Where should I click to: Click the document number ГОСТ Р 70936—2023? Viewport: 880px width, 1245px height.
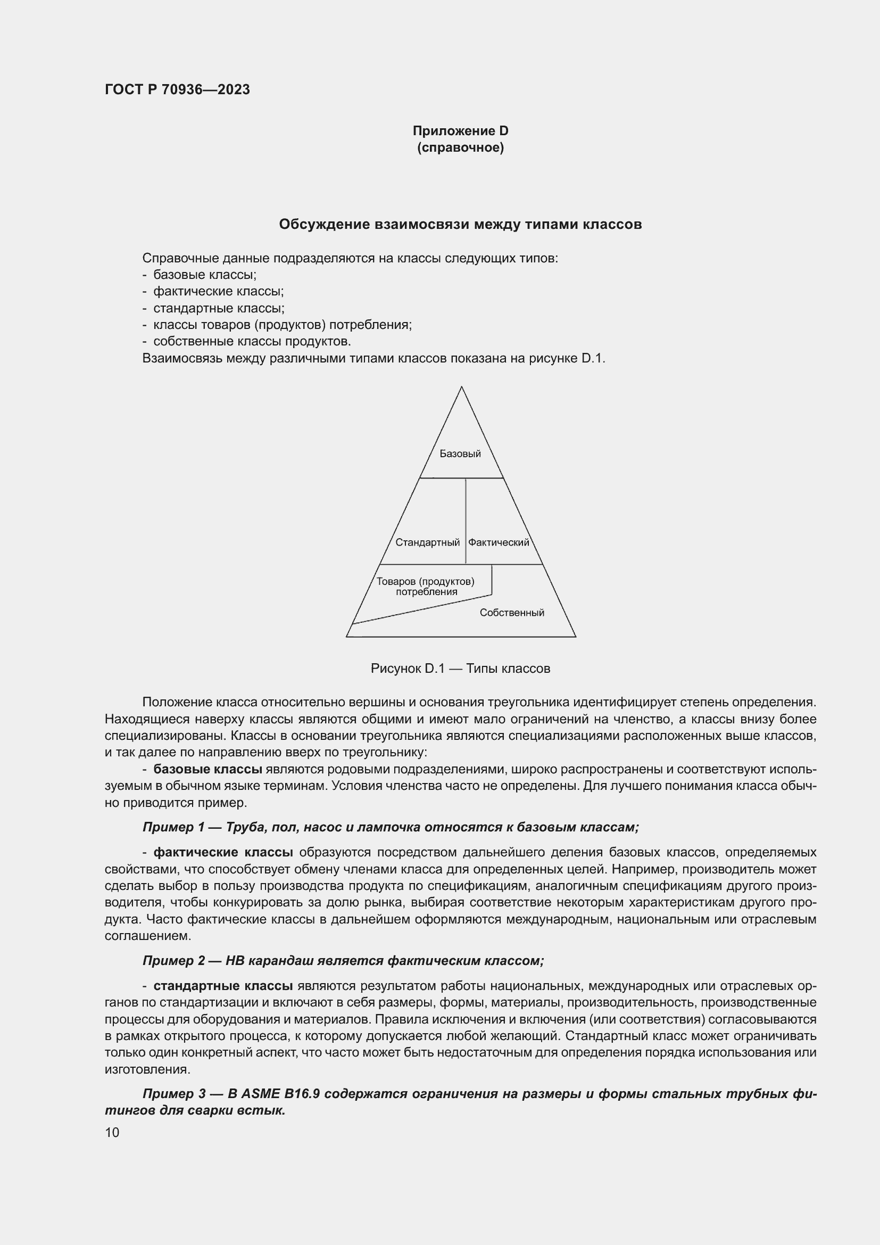[177, 90]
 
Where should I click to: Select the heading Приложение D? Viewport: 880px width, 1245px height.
[460, 131]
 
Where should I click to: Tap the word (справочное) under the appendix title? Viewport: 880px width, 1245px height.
[460, 147]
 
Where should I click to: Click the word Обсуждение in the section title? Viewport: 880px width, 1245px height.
[325, 225]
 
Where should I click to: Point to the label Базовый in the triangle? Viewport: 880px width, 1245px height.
[460, 454]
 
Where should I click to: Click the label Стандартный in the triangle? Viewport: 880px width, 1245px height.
[427, 543]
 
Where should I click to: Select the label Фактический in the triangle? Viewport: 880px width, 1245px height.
[498, 543]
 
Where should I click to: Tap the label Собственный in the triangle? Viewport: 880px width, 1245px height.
[511, 613]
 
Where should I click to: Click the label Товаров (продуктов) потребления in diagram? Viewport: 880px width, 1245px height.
[426, 587]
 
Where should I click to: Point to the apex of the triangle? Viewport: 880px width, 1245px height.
[461, 387]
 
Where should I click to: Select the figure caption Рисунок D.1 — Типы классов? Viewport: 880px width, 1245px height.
[460, 669]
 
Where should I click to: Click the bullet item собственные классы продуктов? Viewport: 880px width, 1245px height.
[252, 342]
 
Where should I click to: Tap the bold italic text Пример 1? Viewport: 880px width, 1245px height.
[173, 828]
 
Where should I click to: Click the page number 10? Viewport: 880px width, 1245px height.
[112, 1133]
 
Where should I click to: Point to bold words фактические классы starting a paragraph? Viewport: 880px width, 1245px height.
[223, 853]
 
